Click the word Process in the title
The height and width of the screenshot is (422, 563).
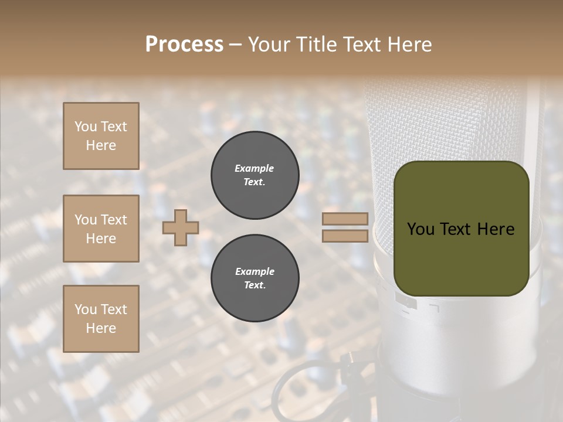(x=184, y=45)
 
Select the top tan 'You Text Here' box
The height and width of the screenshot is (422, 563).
(x=101, y=136)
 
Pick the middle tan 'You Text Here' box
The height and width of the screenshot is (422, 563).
(x=101, y=229)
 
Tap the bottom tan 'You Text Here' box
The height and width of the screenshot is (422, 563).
(x=101, y=319)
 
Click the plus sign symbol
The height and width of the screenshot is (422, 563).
(x=181, y=227)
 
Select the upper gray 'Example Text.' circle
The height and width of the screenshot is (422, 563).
(x=255, y=175)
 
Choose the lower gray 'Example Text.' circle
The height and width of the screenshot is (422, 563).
(x=255, y=278)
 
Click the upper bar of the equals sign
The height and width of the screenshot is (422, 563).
(x=345, y=219)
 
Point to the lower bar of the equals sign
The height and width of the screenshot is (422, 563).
(x=345, y=236)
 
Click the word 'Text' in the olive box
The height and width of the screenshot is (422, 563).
(x=461, y=229)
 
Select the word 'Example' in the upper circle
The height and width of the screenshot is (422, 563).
(x=255, y=169)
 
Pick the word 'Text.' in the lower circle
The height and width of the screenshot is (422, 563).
(x=255, y=285)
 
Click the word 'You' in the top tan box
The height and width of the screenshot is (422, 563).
(x=86, y=127)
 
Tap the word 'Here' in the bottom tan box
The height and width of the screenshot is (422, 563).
(x=101, y=328)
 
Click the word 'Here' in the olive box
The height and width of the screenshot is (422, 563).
(x=496, y=229)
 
